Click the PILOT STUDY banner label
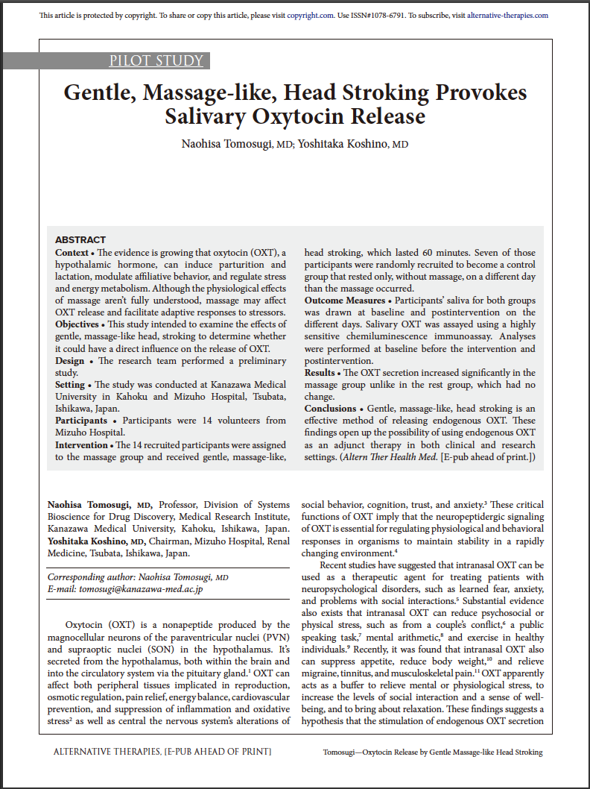coord(156,61)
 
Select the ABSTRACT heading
coord(80,240)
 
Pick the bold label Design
coord(70,361)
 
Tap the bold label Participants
coord(81,421)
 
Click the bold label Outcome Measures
coord(345,301)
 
